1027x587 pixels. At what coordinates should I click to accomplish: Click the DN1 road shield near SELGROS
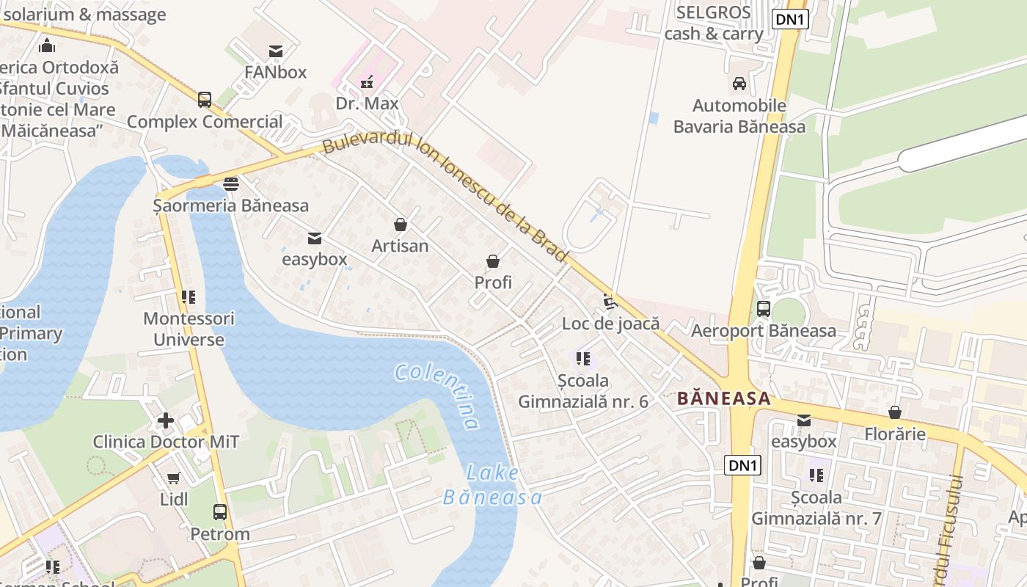[x=789, y=20]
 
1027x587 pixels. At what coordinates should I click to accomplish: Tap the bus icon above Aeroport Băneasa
[x=763, y=309]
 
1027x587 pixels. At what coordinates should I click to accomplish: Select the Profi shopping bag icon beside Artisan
[x=493, y=261]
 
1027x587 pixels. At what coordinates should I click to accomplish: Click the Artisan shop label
[x=400, y=246]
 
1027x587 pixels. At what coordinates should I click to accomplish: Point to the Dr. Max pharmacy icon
[x=367, y=82]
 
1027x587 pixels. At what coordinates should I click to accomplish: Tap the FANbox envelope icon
[x=276, y=51]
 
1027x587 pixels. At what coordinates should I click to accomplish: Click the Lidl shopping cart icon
[x=174, y=478]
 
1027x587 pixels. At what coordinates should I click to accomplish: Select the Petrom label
[x=220, y=534]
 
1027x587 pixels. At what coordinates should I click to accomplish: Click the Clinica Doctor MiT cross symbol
[x=166, y=421]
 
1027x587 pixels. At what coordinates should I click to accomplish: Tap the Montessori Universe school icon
[x=189, y=297]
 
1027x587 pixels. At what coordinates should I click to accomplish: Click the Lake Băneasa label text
[x=492, y=486]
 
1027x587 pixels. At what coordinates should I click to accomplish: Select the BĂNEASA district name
[x=723, y=399]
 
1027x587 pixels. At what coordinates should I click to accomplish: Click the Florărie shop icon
[x=894, y=413]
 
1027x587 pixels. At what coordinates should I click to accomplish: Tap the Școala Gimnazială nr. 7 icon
[x=816, y=475]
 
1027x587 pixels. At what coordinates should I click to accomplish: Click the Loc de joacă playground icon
[x=610, y=302]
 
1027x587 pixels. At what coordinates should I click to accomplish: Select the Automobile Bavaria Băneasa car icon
[x=739, y=84]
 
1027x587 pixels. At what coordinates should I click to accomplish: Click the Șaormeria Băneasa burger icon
[x=231, y=184]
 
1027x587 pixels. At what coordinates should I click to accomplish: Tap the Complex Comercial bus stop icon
[x=205, y=100]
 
